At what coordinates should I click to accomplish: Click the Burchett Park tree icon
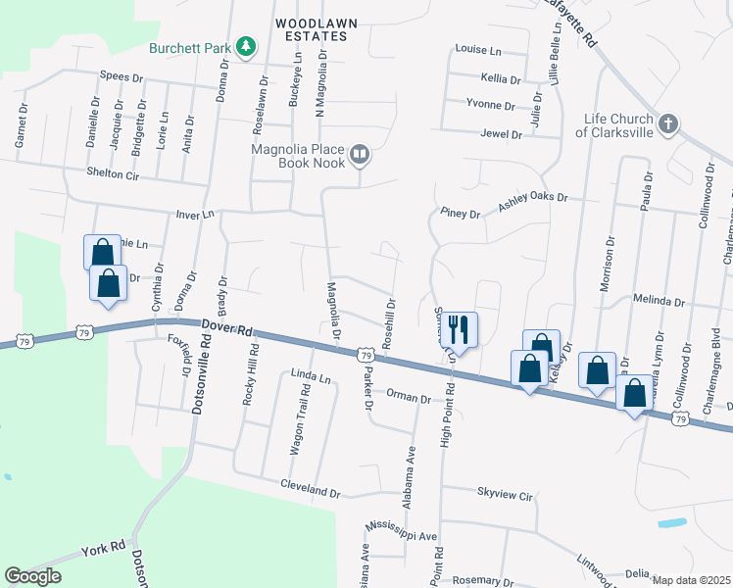248,46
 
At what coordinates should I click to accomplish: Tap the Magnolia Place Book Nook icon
361,154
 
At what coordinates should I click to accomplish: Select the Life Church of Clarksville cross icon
666,123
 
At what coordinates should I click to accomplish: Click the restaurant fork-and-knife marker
458,330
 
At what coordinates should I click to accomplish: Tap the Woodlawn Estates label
311,28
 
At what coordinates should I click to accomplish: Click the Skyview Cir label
504,494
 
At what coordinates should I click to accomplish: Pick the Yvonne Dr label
490,105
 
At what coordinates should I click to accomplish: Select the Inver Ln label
194,214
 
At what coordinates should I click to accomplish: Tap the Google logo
33,576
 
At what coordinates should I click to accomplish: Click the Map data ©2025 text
691,580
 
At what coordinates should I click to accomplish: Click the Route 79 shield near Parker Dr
365,354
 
